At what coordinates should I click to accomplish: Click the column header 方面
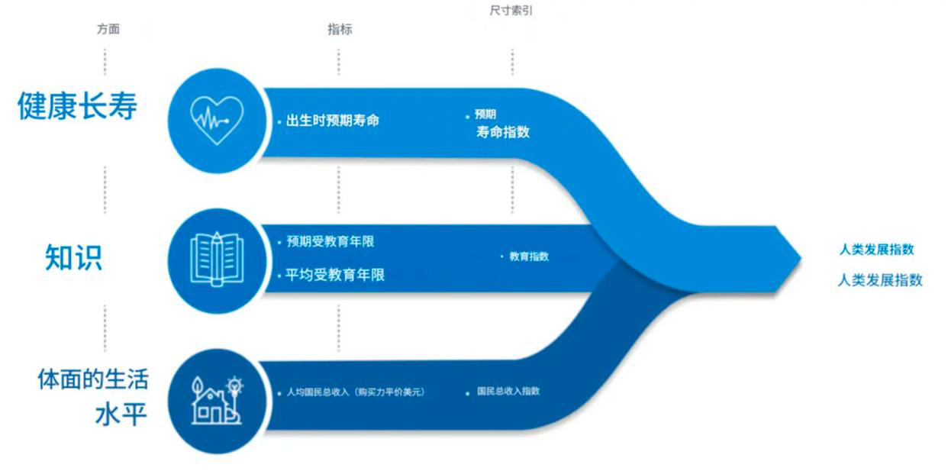108,29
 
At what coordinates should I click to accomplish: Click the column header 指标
340,29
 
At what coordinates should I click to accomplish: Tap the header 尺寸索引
511,10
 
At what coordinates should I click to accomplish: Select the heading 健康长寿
77,106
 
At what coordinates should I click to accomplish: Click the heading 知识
73,256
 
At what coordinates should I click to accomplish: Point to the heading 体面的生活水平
93,397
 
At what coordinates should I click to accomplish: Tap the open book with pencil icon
217,259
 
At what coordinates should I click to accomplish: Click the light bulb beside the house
234,386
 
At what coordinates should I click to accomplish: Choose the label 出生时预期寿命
332,121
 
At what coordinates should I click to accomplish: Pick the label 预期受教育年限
331,242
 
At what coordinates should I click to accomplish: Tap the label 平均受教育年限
335,275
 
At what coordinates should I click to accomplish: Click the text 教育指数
529,256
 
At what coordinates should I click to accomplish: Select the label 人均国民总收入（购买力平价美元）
356,392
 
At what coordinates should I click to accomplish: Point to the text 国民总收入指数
508,391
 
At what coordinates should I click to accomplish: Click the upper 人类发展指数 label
876,250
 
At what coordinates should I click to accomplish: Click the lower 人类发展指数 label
880,280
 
